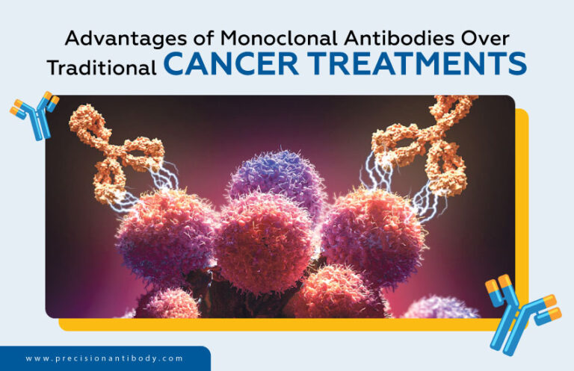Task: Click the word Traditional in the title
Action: (x=102, y=67)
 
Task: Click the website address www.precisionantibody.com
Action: (x=104, y=359)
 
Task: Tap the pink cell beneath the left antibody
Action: (x=161, y=239)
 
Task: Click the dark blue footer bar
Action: (x=105, y=359)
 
